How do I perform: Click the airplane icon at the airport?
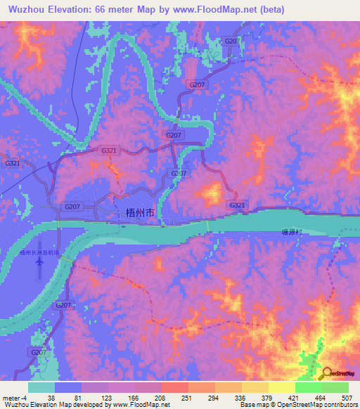pos(39,261)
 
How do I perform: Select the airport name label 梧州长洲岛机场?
pos(40,252)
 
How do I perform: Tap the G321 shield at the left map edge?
pos(13,163)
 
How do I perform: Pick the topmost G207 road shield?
pos(231,42)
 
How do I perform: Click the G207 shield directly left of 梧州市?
pos(72,207)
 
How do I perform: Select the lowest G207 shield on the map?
pos(39,351)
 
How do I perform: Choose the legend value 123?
pos(107,398)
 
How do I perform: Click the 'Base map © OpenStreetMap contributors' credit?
pos(297,405)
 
